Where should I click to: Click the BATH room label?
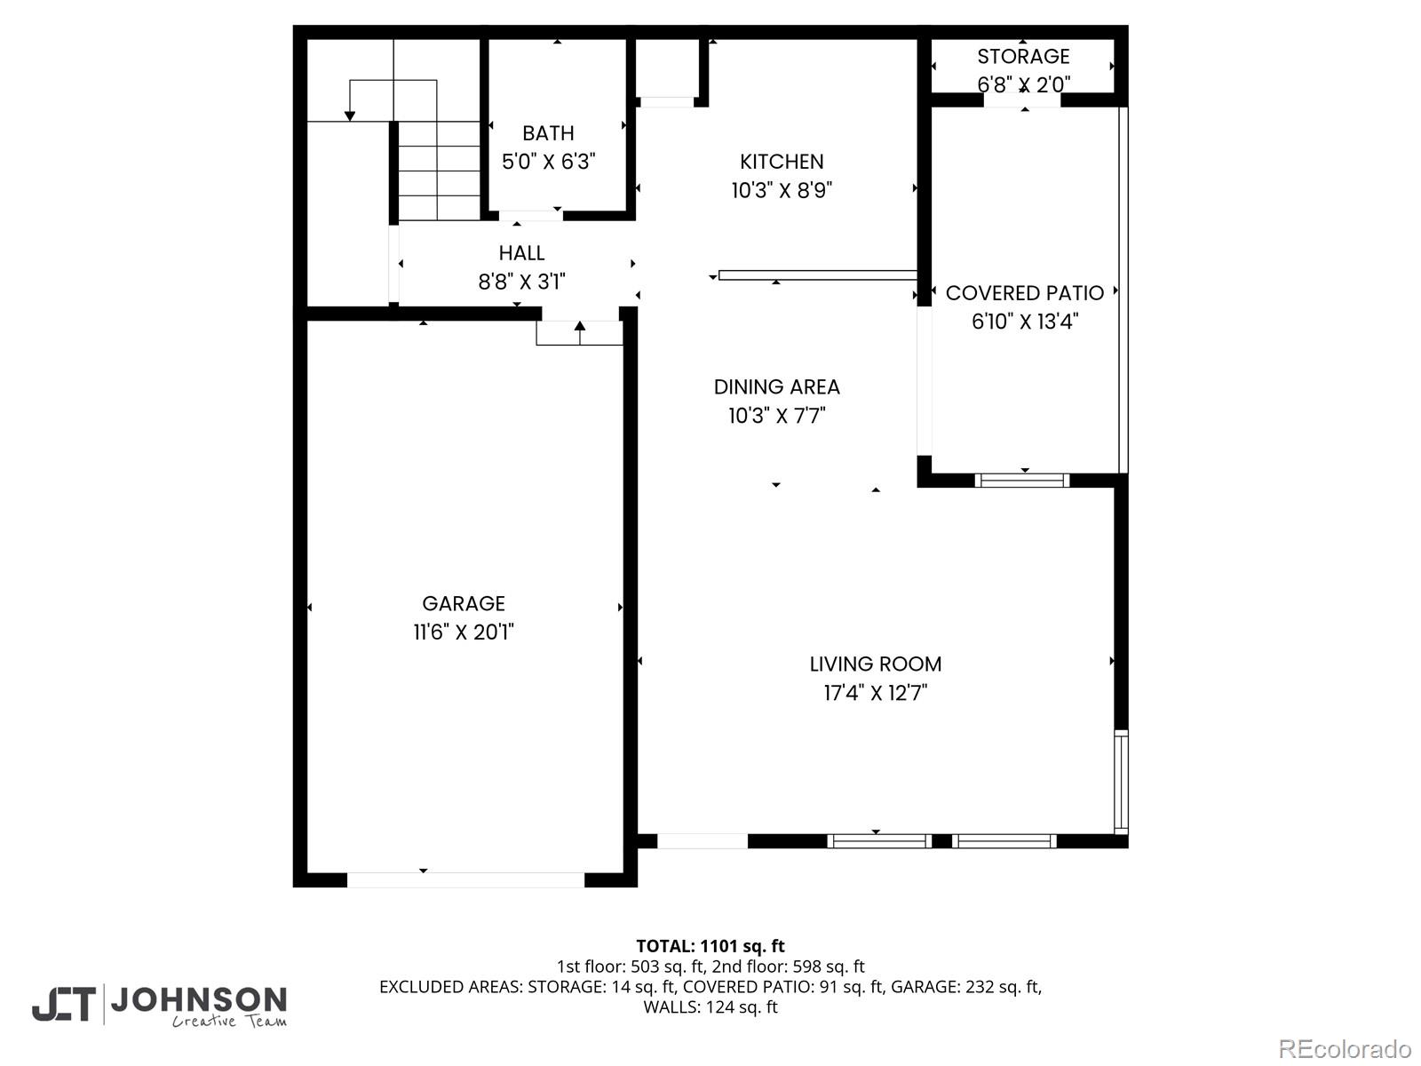[548, 133]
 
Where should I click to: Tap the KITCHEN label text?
[782, 162]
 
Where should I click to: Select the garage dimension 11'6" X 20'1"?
[464, 632]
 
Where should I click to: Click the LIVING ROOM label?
[876, 664]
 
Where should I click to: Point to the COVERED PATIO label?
[1024, 293]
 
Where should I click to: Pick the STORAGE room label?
[1023, 57]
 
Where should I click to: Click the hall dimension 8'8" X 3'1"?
[521, 282]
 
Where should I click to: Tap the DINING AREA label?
[776, 387]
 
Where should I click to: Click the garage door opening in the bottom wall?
[465, 879]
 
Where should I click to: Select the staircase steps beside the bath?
[439, 171]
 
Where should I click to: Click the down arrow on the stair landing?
[350, 115]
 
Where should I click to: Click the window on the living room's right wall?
[1121, 782]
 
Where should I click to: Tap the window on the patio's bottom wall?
[1022, 481]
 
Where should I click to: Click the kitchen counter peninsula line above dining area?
[817, 275]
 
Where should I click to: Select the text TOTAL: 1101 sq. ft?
[710, 946]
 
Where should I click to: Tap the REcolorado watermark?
[1344, 1049]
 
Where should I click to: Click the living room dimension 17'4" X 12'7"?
[876, 693]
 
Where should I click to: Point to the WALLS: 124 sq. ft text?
[710, 1007]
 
